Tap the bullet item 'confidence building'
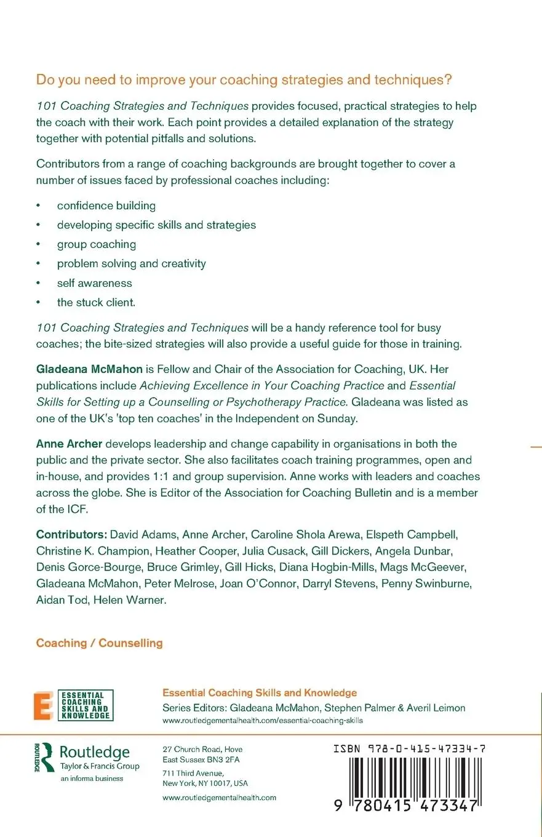(106, 206)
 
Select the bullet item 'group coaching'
(97, 244)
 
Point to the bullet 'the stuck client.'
(96, 302)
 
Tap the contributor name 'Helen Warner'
(129, 599)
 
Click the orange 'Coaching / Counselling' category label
(100, 643)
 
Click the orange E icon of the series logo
(43, 705)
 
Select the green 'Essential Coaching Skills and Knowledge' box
(86, 705)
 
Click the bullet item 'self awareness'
(94, 283)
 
